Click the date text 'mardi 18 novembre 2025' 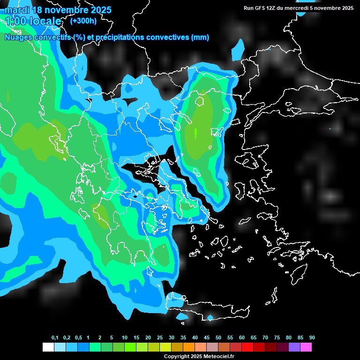(58, 10)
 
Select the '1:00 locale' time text (33, 21)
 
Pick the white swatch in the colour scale (48, 347)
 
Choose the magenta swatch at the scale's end (306, 347)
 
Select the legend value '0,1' (55, 338)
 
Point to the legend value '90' (312, 338)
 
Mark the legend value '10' (125, 338)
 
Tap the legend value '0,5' (78, 338)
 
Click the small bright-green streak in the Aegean (195, 133)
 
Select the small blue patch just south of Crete (210, 318)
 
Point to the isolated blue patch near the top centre (239, 50)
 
